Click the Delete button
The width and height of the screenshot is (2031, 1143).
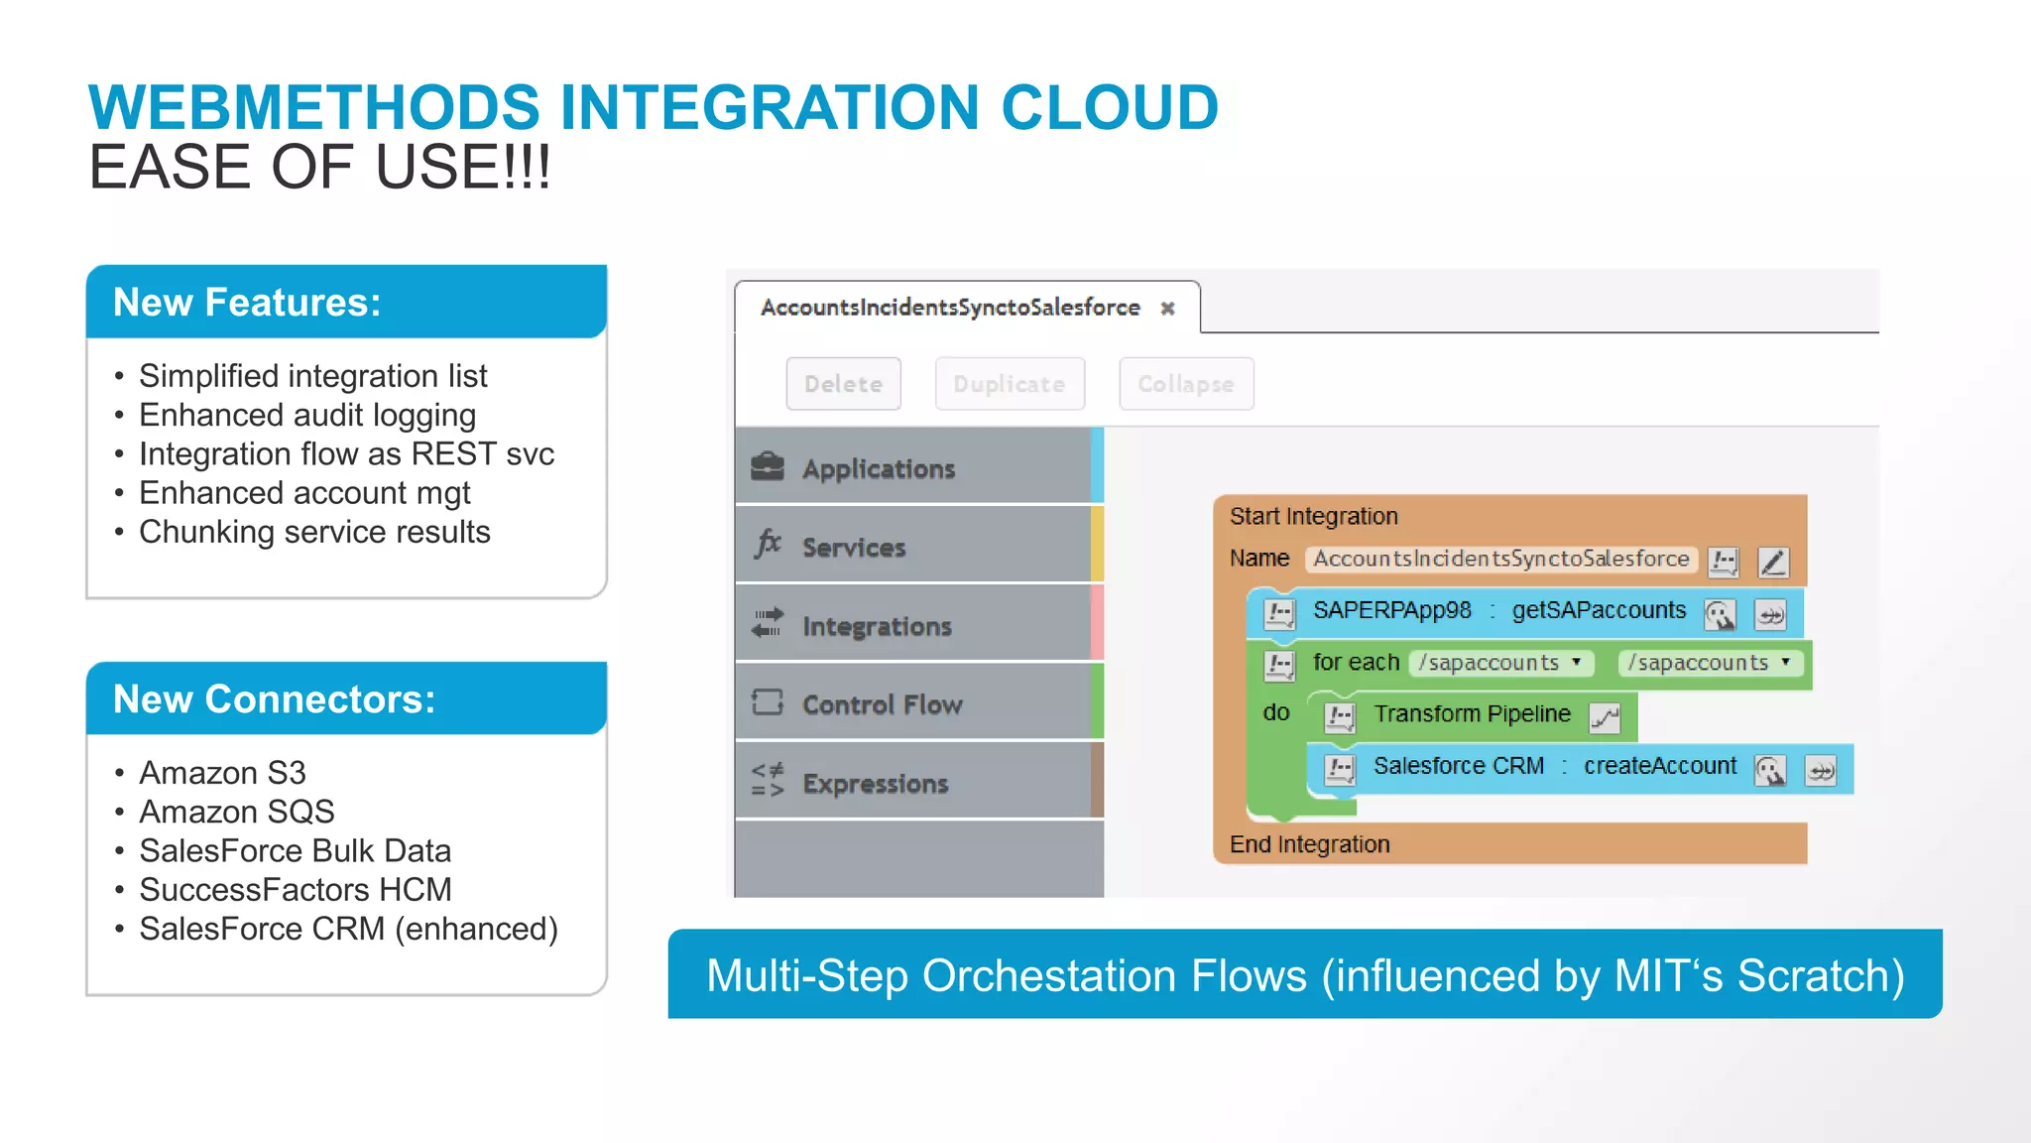(843, 384)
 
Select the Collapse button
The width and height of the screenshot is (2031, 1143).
(1185, 384)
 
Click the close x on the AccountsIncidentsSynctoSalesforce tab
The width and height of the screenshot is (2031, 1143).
(1168, 309)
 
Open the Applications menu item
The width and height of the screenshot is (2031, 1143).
(878, 468)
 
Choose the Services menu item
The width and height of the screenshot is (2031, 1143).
(854, 547)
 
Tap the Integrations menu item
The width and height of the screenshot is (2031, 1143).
(877, 626)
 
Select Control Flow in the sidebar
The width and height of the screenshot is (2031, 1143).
(882, 704)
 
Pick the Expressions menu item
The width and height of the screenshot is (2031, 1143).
(875, 783)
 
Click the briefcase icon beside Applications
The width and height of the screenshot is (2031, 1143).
(768, 466)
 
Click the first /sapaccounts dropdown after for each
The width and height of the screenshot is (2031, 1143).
(1499, 662)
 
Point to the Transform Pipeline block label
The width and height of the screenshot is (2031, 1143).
(1472, 713)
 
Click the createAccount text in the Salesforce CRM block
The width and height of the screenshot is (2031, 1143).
(1659, 766)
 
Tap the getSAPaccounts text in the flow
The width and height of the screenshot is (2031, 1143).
(1598, 610)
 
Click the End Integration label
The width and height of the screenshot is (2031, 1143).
(1309, 844)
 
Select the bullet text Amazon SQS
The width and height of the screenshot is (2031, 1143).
(236, 812)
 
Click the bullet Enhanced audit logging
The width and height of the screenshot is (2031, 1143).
(306, 415)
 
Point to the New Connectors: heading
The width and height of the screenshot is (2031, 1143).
(274, 699)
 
